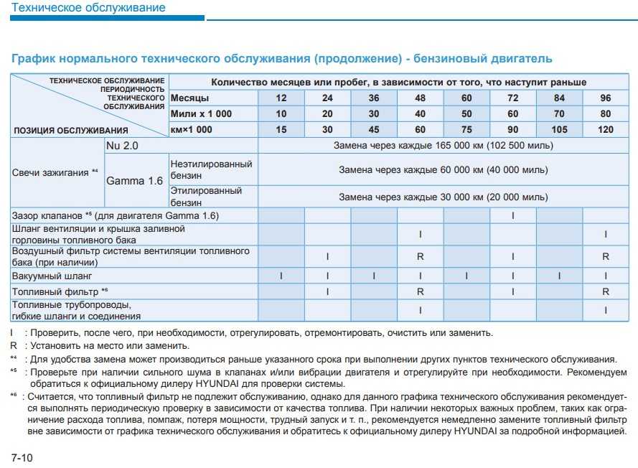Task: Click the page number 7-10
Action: pyautogui.click(x=22, y=457)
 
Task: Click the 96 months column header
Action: pyautogui.click(x=606, y=98)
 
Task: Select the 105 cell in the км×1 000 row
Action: pyautogui.click(x=559, y=130)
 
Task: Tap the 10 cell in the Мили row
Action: pyautogui.click(x=281, y=114)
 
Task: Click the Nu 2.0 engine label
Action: pyautogui.click(x=123, y=146)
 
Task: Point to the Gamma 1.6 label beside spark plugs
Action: pyautogui.click(x=134, y=181)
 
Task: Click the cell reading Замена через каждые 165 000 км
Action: pyautogui.click(x=443, y=146)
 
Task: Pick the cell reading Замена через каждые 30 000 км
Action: pyautogui.click(x=443, y=196)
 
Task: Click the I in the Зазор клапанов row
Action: pyautogui.click(x=513, y=215)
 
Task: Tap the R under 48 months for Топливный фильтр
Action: pyautogui.click(x=420, y=292)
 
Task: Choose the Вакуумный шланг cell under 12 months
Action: pyautogui.click(x=281, y=276)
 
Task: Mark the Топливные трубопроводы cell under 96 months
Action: pyautogui.click(x=606, y=310)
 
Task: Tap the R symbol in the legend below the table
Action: pyautogui.click(x=14, y=345)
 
